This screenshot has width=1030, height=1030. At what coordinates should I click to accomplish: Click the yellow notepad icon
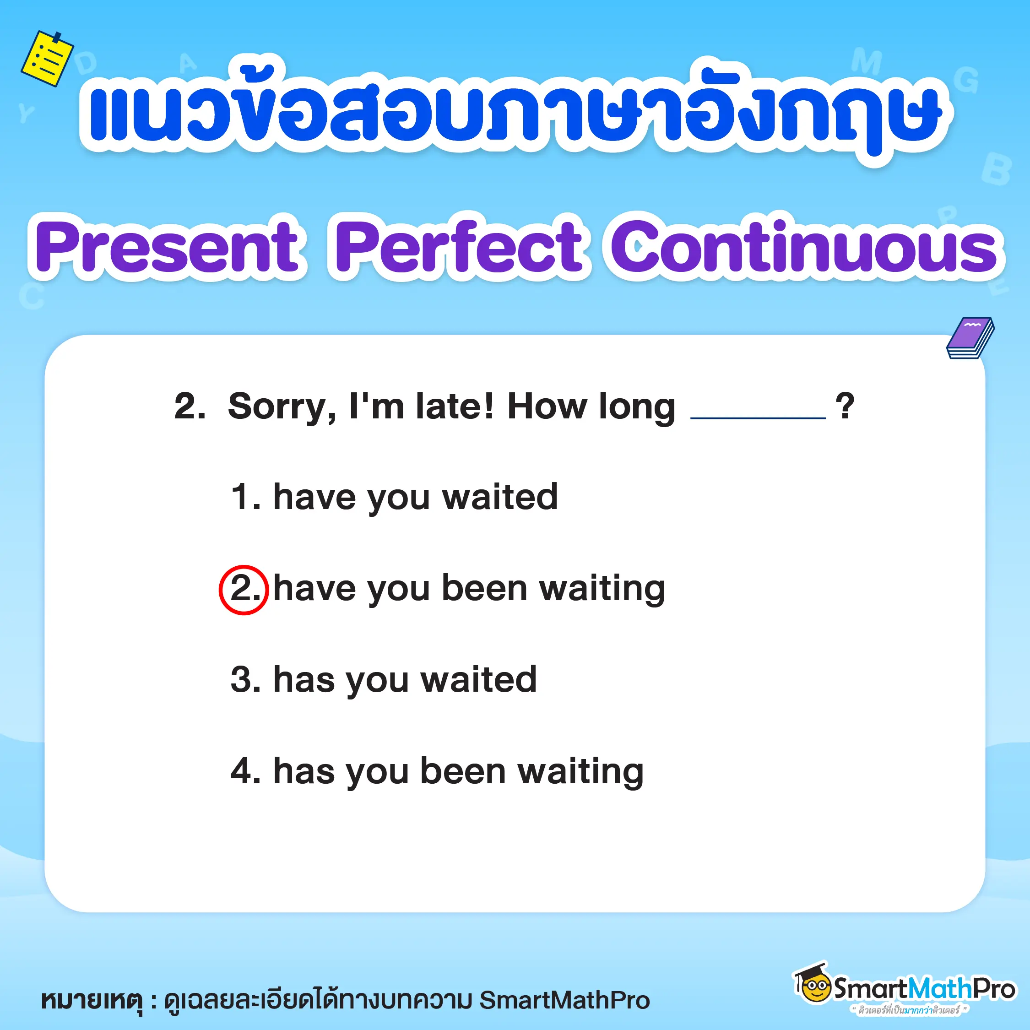coord(47,58)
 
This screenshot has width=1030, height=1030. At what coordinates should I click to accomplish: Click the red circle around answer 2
coord(244,590)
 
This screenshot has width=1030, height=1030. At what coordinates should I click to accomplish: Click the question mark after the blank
coord(845,406)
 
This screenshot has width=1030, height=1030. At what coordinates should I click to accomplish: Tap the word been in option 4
coord(463,771)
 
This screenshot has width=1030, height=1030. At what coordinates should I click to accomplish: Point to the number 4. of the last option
coord(246,771)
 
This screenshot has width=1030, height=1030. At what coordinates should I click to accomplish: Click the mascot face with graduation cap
coord(813,987)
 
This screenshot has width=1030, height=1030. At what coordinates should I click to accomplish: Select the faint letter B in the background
coord(996,169)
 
